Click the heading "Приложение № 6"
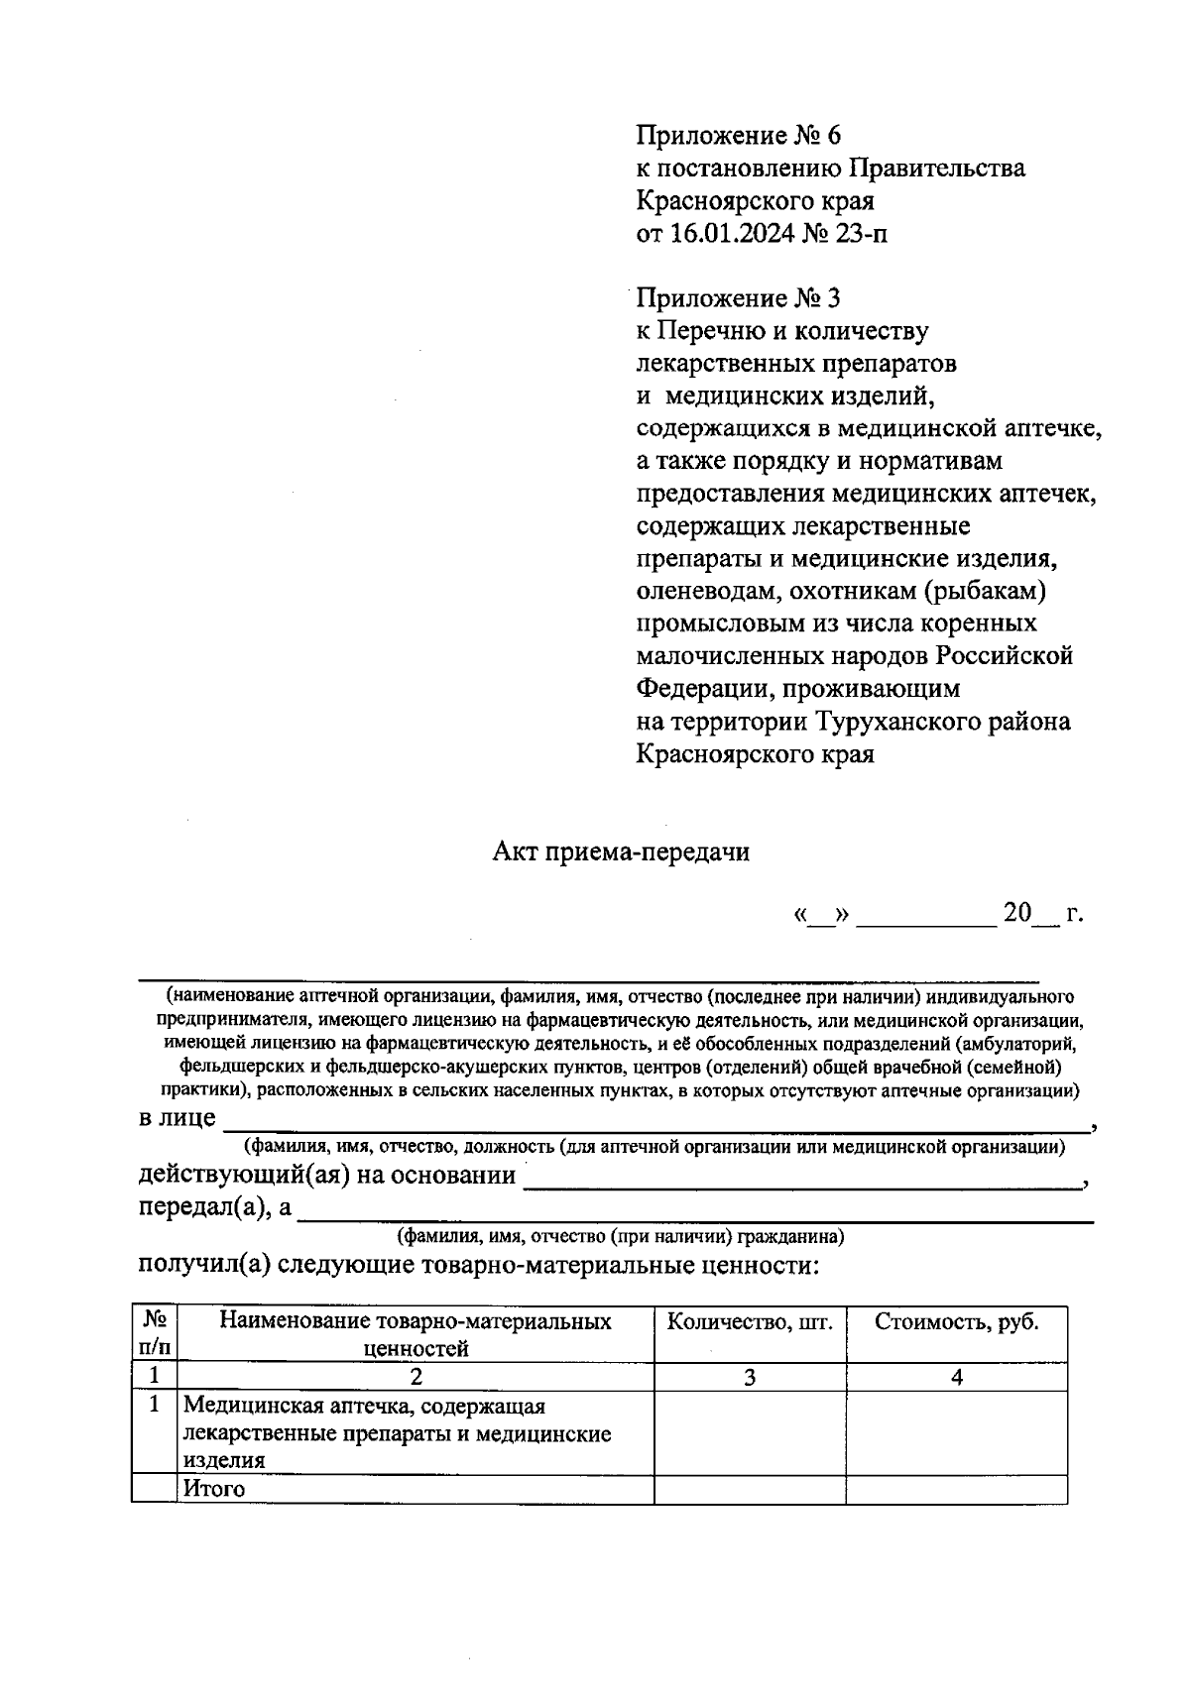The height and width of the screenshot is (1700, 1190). tap(738, 135)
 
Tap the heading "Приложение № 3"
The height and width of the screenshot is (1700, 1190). tap(738, 297)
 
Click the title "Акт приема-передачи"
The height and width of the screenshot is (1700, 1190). tap(621, 852)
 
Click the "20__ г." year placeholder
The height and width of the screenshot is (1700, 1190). tap(1041, 913)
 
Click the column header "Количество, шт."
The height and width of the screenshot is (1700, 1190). tap(750, 1322)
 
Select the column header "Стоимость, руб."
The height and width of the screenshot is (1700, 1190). tap(956, 1322)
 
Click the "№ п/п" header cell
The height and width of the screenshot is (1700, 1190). tap(155, 1333)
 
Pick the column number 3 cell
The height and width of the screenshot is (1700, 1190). tap(750, 1377)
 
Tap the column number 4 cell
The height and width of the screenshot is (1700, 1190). tap(956, 1377)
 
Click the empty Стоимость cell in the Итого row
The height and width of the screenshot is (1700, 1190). tap(956, 1489)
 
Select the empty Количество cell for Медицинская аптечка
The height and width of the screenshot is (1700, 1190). tap(750, 1432)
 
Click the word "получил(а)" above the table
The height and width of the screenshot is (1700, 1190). tap(202, 1266)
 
